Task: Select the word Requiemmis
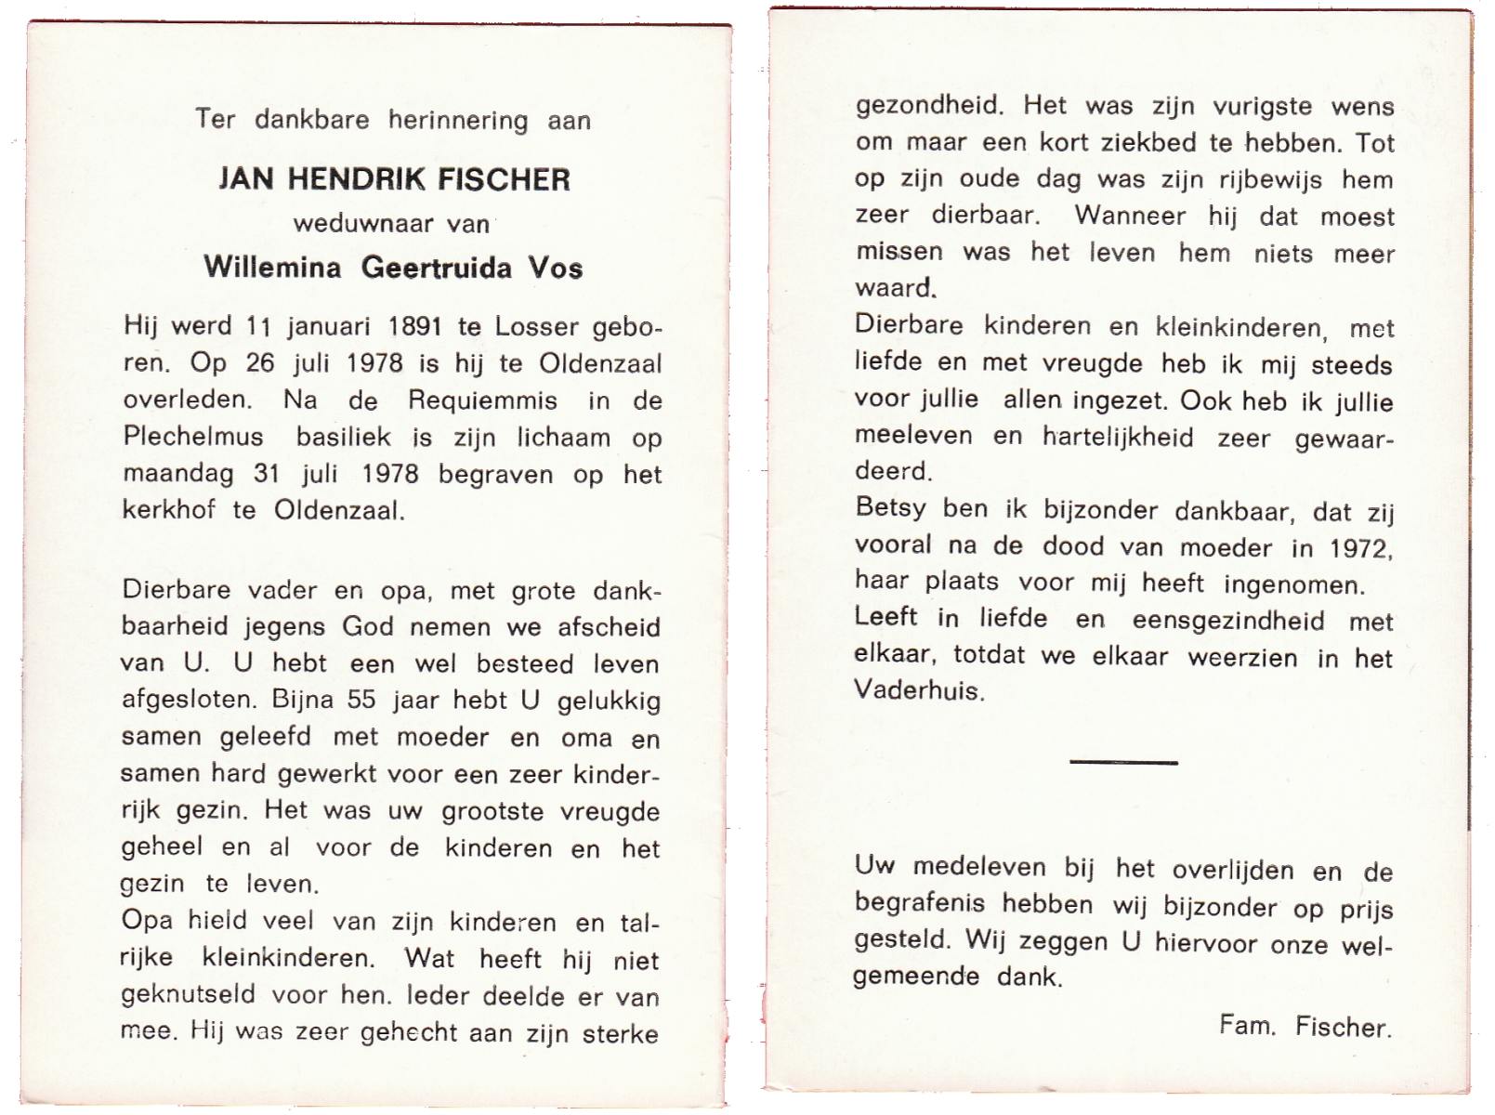point(482,400)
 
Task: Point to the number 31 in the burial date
point(266,474)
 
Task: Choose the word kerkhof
point(168,511)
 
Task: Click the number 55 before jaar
point(361,700)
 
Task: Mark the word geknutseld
point(188,995)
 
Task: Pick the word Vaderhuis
point(916,690)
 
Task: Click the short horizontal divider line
point(1123,762)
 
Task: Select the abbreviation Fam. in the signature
point(1245,1025)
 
